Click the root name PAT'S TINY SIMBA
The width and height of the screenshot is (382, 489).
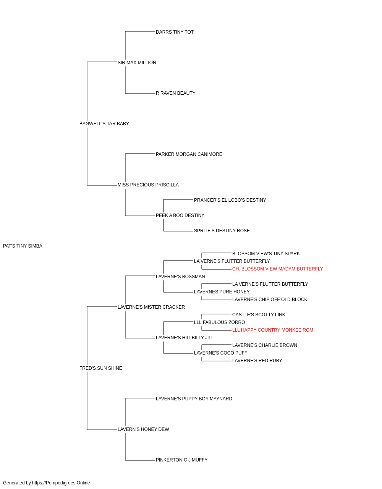(x=23, y=246)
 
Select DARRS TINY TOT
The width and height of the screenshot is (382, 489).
(x=175, y=32)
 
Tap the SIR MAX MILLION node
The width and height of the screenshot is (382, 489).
(x=137, y=63)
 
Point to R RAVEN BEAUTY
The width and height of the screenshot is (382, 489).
(x=175, y=93)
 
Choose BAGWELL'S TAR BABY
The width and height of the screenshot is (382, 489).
(x=104, y=124)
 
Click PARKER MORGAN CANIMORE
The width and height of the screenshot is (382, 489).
(x=189, y=154)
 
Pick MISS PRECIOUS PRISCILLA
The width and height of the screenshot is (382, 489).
(x=148, y=185)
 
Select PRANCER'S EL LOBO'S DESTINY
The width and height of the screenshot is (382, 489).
(x=230, y=200)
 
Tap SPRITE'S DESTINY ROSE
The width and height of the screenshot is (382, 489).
(x=222, y=231)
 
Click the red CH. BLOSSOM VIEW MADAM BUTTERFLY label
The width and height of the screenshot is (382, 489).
(x=277, y=269)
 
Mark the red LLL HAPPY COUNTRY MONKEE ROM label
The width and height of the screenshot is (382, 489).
(x=273, y=330)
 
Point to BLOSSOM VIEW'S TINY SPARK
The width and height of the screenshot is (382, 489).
(x=266, y=254)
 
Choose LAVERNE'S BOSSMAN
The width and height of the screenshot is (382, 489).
(x=180, y=277)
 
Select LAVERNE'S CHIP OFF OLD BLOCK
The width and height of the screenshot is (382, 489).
(x=270, y=300)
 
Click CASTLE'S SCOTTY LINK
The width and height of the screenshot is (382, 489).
(x=259, y=315)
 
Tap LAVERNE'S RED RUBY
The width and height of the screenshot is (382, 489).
(x=257, y=361)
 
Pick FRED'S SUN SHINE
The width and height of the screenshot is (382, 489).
(x=100, y=368)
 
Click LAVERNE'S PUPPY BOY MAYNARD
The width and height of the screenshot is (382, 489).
(x=194, y=399)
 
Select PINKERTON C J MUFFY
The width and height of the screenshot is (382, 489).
(x=181, y=460)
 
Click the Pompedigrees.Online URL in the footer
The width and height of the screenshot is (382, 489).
(x=61, y=483)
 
